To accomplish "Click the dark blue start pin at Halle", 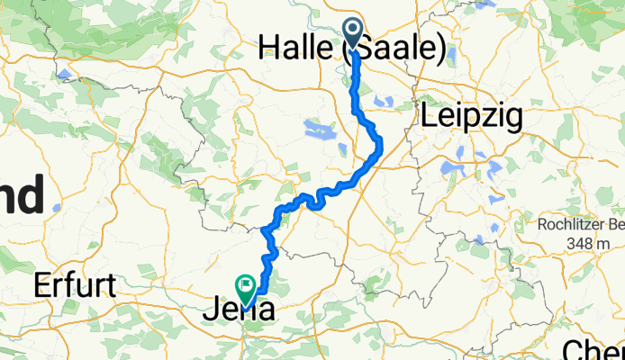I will pos(353,33).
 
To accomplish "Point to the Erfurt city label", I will pos(76,287).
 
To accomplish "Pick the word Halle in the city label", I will pos(297,49).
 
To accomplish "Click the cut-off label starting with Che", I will pos(594,349).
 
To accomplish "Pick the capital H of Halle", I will pos(269,49).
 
